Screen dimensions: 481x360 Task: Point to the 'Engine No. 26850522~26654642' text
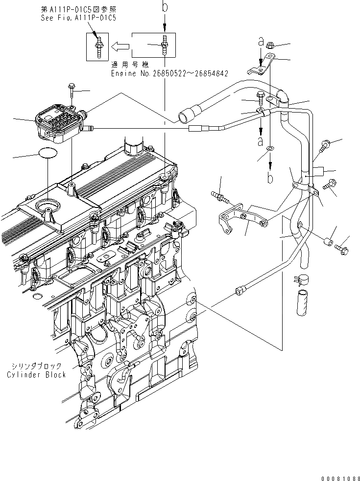tap(169, 74)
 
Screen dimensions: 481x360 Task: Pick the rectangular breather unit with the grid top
tap(60, 122)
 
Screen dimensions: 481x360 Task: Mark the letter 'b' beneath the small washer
tap(270, 178)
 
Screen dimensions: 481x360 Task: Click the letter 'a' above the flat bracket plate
tap(260, 43)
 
